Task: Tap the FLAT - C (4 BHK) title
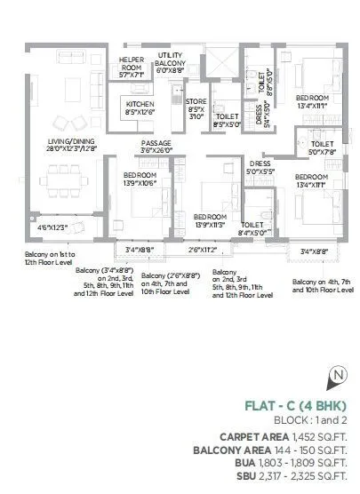(301, 407)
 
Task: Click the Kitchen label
(140, 108)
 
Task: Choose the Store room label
(196, 108)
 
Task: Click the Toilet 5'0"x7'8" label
(322, 147)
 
